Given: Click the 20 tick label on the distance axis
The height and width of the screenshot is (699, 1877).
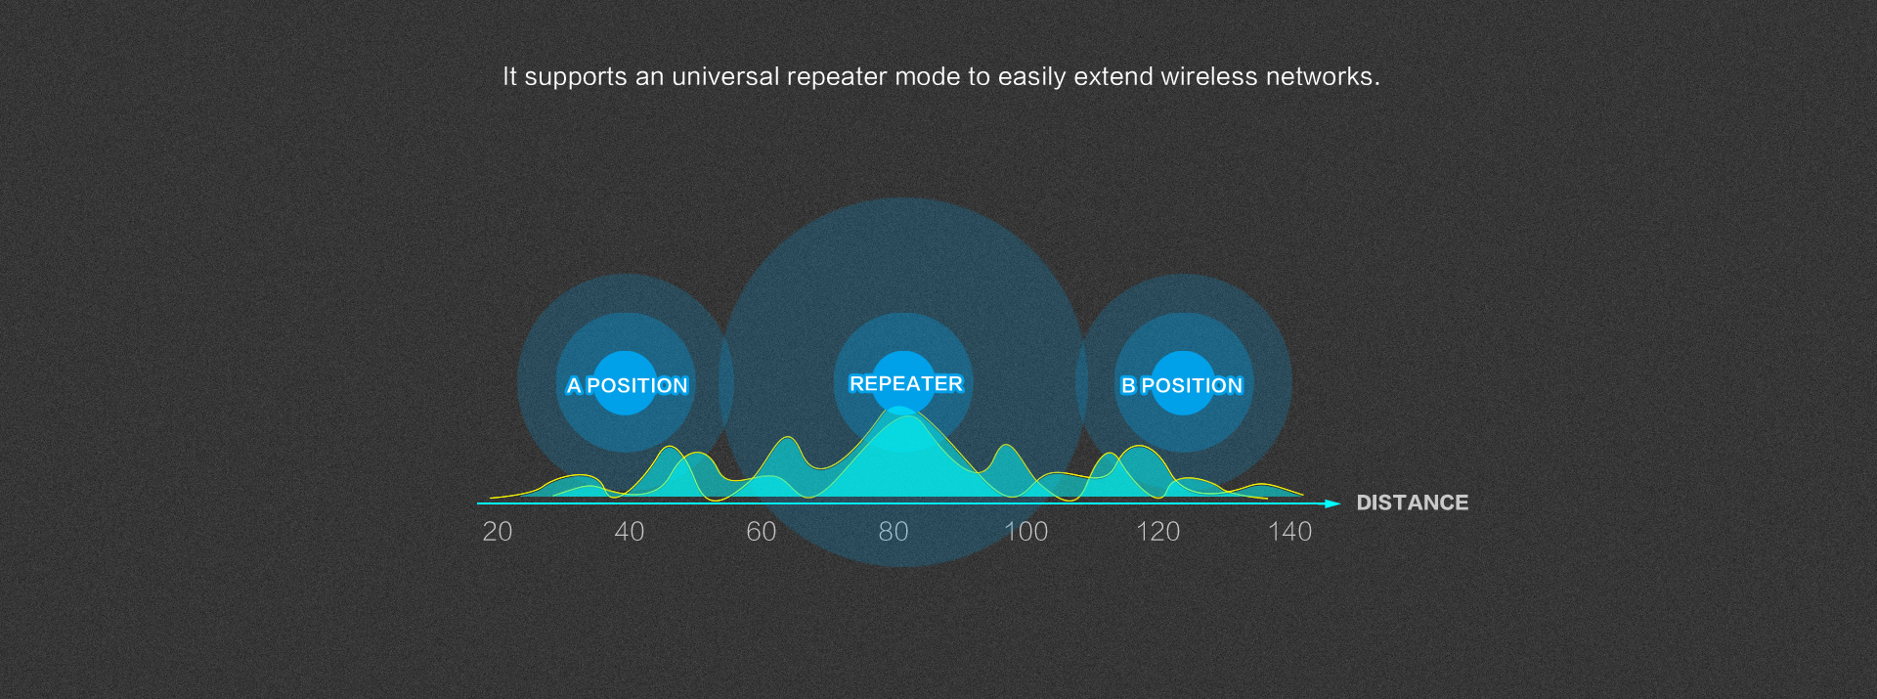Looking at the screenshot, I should click(498, 532).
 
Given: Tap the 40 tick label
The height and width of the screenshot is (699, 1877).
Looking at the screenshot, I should click(630, 532).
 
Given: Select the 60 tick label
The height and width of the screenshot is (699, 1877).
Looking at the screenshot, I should click(762, 532).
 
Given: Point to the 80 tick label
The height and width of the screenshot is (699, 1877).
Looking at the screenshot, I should click(894, 532).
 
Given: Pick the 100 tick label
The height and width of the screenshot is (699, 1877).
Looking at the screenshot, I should click(1026, 532).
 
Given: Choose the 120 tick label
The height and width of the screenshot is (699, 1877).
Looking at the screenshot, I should click(1157, 532).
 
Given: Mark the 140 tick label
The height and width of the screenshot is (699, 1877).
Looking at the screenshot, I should click(1289, 532).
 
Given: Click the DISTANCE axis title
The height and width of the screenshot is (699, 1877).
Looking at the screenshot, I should click(1412, 502).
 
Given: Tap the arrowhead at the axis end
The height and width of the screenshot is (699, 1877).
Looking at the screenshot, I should click(1331, 503).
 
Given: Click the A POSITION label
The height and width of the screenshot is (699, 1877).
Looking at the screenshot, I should click(627, 385).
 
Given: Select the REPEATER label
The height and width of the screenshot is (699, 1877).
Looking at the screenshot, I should click(905, 383).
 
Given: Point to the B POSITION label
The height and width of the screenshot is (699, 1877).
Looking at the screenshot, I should click(1181, 385).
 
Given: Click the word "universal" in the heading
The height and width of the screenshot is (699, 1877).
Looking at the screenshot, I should click(725, 76).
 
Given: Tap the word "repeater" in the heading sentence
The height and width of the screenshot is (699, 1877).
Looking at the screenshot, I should click(836, 77).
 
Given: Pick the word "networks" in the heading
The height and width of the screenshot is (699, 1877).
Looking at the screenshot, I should click(1322, 76).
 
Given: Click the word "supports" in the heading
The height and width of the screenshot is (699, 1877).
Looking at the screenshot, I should click(575, 77).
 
